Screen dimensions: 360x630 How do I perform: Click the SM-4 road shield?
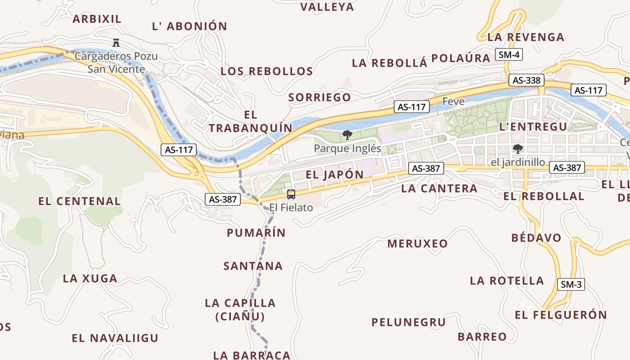[509, 55]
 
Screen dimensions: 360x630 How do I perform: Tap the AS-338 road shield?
[526, 81]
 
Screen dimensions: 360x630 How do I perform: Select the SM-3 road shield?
[571, 284]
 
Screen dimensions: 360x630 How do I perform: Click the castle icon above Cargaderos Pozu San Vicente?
[116, 43]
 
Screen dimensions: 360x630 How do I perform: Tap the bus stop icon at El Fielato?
[291, 194]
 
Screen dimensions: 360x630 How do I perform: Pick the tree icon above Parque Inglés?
[347, 135]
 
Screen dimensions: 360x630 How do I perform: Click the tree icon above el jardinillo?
[518, 148]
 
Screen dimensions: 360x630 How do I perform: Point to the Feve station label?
[453, 101]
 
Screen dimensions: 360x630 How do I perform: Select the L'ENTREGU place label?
[533, 126]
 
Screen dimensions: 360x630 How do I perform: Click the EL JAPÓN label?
[334, 175]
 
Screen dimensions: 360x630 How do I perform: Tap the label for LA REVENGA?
[526, 37]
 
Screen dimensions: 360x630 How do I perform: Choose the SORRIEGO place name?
[319, 97]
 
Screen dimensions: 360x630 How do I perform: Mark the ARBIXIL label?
[97, 19]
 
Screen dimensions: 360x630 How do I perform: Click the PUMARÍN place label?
[256, 233]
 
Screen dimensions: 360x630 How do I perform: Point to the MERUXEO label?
[418, 244]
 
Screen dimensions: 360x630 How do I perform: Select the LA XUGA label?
[90, 279]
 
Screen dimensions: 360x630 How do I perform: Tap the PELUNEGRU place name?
[408, 322]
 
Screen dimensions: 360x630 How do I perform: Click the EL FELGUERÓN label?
[561, 315]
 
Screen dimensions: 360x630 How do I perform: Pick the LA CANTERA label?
[439, 188]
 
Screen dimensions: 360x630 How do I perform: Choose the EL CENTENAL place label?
[80, 201]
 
